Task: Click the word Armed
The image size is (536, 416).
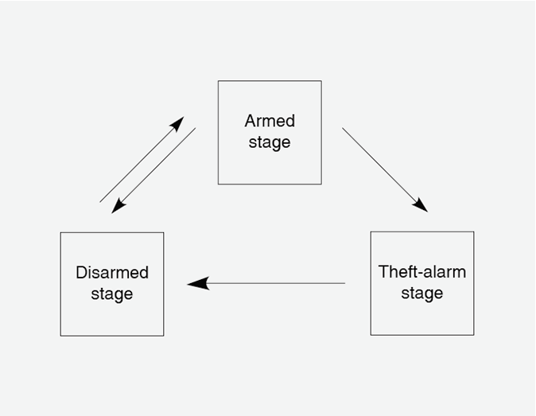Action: pos(270,121)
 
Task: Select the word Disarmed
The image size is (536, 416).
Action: pos(112,273)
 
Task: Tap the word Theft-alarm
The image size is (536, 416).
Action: pos(422,271)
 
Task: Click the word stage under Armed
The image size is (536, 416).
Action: pos(270,143)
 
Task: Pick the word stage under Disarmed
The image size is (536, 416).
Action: pos(112,294)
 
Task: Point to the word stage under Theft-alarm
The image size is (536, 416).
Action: pos(422,294)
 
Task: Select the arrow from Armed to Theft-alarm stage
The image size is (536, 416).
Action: pos(385,169)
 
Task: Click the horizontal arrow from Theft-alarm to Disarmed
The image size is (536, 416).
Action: pos(266,283)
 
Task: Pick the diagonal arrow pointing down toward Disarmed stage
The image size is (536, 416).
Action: pos(153,170)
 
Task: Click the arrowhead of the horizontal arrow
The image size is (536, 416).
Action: pos(197,283)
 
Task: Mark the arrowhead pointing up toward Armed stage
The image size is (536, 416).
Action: pos(177,124)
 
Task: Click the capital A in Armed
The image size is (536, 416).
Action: pos(250,121)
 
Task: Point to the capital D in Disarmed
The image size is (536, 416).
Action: pos(81,273)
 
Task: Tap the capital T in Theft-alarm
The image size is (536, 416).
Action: pos(383,271)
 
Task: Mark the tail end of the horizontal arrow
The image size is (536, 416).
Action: pos(344,283)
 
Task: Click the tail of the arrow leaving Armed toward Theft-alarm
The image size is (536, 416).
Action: pos(344,129)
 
